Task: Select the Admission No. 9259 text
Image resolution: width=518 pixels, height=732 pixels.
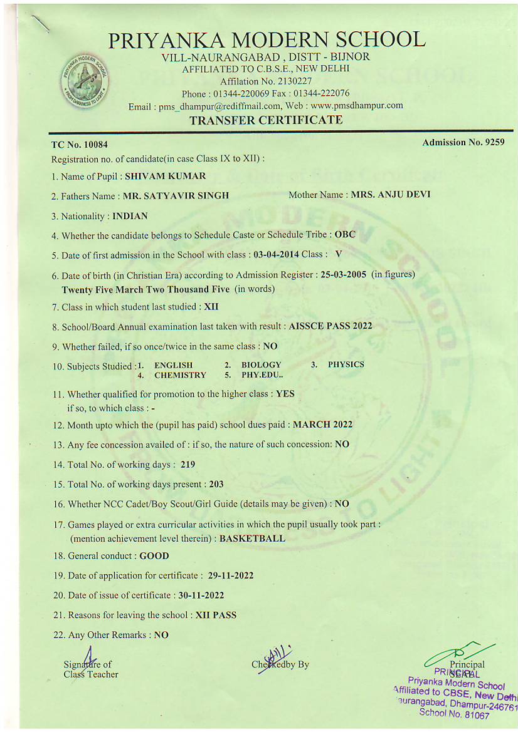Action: (463, 143)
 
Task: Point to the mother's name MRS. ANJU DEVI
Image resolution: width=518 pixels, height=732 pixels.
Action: (390, 195)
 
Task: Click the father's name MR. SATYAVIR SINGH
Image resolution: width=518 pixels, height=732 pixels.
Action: (176, 196)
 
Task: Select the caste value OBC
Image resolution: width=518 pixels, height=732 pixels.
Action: (345, 235)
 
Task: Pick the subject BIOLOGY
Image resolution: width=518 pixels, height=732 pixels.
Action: (261, 364)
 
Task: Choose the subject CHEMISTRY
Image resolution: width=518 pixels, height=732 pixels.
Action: (180, 375)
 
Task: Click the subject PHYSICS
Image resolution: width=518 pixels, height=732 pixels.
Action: (346, 364)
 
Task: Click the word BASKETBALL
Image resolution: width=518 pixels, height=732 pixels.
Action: (252, 538)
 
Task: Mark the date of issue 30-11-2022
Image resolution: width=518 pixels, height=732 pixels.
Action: (201, 595)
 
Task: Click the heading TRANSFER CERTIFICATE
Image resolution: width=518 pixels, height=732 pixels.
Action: (266, 120)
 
